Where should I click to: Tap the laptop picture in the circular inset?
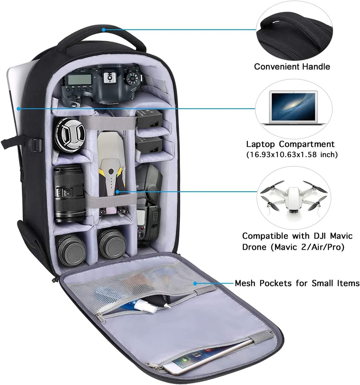(293, 107)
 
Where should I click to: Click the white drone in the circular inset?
(294, 197)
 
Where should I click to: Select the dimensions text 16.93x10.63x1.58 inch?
(292, 155)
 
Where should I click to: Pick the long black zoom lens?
(69, 194)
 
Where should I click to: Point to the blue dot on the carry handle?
(104, 30)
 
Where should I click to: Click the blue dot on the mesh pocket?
(195, 283)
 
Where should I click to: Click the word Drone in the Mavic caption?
(254, 247)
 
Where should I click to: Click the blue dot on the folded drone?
(118, 191)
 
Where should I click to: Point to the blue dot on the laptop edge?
(18, 108)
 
